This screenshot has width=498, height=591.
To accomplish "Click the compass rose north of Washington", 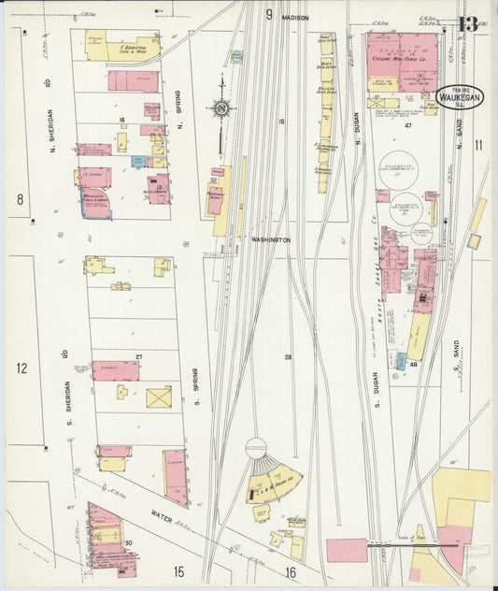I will pyautogui.click(x=222, y=110).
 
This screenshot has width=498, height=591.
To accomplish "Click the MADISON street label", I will pyautogui.click(x=294, y=18).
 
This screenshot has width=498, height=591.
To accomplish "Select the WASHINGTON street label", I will pyautogui.click(x=271, y=240).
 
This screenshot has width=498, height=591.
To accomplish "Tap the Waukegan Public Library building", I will pyautogui.click(x=96, y=199).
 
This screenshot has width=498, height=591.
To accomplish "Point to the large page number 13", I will pyautogui.click(x=468, y=23).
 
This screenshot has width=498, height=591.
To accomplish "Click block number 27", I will pyautogui.click(x=138, y=356).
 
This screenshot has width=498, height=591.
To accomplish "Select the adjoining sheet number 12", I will pyautogui.click(x=21, y=368).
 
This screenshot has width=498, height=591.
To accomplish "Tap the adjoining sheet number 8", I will pyautogui.click(x=19, y=199).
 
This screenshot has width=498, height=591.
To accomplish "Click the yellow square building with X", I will pyautogui.click(x=159, y=396).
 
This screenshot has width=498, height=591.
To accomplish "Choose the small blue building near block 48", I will pyautogui.click(x=402, y=360).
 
